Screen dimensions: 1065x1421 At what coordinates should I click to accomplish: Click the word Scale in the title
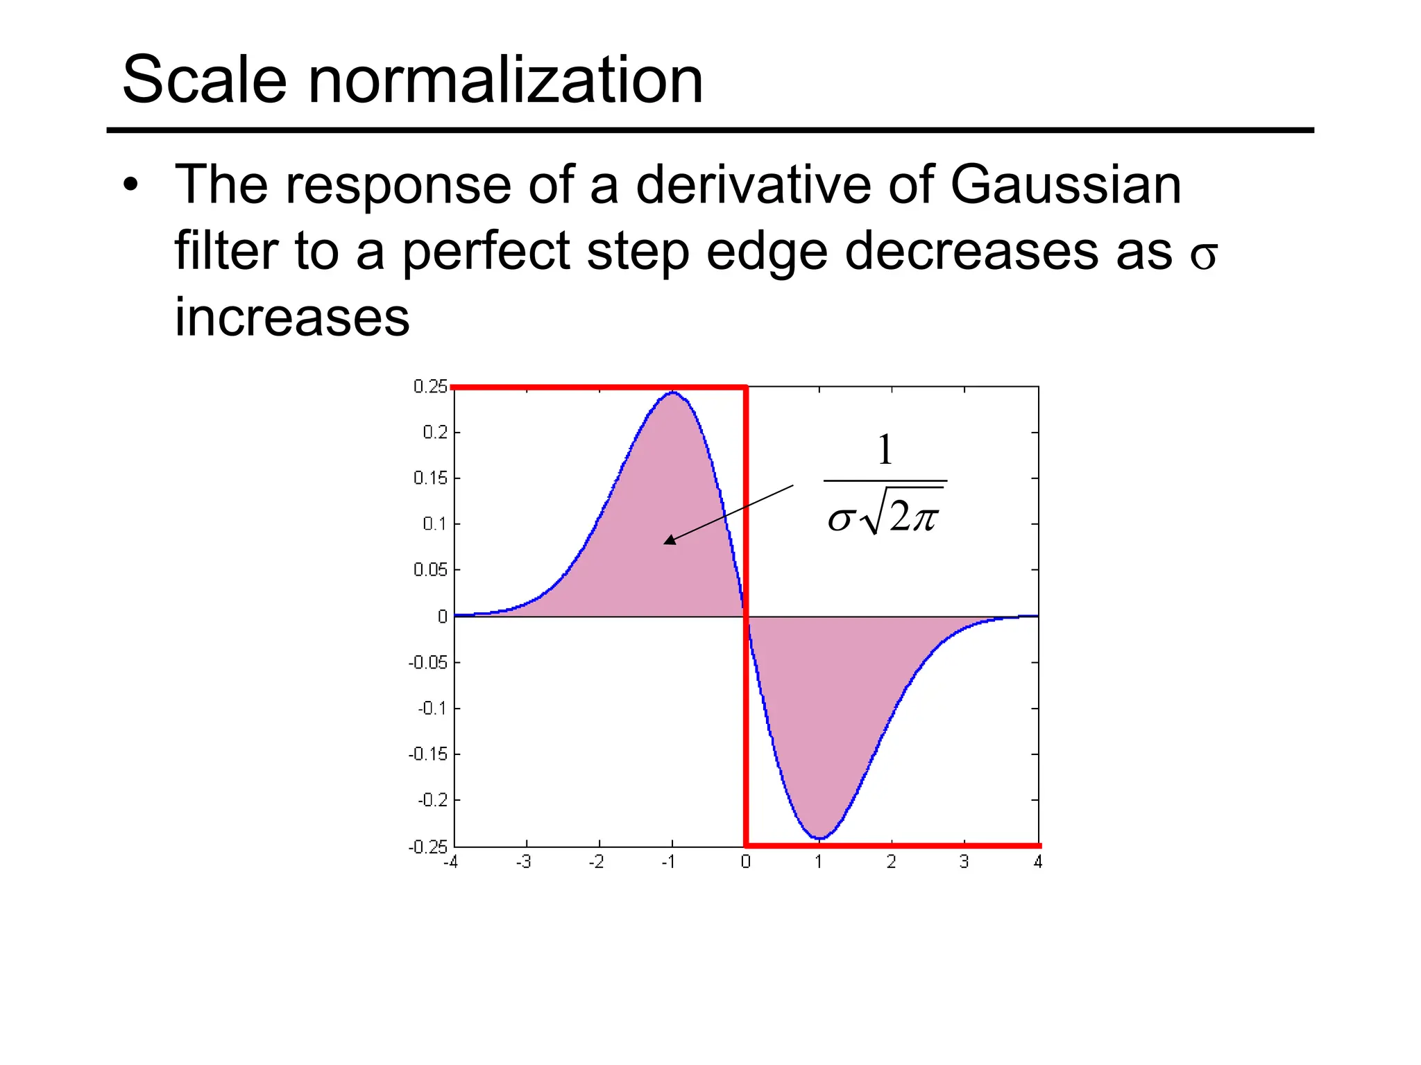click(205, 80)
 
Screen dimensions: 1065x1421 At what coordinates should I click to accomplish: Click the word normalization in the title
click(506, 80)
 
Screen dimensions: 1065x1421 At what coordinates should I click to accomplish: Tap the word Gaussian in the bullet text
click(1065, 185)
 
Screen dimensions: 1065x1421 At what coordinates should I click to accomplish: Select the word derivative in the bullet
click(752, 185)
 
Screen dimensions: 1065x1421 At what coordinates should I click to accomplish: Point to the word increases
click(292, 318)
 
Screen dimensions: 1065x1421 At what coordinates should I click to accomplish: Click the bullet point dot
click(130, 186)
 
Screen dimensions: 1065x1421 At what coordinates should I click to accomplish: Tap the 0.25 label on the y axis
click(430, 386)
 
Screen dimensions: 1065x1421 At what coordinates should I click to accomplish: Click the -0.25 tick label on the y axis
click(427, 847)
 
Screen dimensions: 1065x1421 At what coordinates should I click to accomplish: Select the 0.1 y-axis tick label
click(435, 523)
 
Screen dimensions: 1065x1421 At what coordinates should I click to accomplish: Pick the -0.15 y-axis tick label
click(427, 754)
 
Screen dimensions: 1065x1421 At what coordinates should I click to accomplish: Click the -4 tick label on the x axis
click(450, 862)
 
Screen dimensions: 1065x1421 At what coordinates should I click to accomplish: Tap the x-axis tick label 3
click(964, 862)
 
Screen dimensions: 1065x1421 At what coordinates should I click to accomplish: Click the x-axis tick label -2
click(596, 862)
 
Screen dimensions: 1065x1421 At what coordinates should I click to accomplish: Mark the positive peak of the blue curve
click(672, 392)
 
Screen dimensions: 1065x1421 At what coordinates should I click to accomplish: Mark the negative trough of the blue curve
click(819, 839)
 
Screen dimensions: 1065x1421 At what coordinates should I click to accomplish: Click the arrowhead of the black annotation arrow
click(668, 540)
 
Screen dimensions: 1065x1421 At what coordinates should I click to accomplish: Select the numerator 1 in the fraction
click(885, 450)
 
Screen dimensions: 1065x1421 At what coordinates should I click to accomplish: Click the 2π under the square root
click(914, 517)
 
